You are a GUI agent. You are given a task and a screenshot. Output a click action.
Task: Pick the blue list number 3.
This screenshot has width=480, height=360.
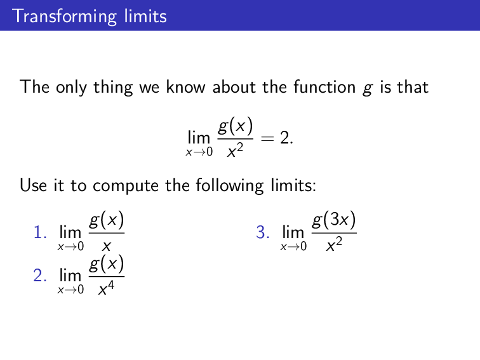point(263,233)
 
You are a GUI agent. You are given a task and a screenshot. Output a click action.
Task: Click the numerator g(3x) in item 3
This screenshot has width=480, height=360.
point(334,221)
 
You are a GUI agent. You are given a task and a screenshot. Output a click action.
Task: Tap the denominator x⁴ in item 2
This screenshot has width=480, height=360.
point(106,290)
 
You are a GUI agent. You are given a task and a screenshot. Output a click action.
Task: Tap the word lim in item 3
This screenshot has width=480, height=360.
point(293,233)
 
